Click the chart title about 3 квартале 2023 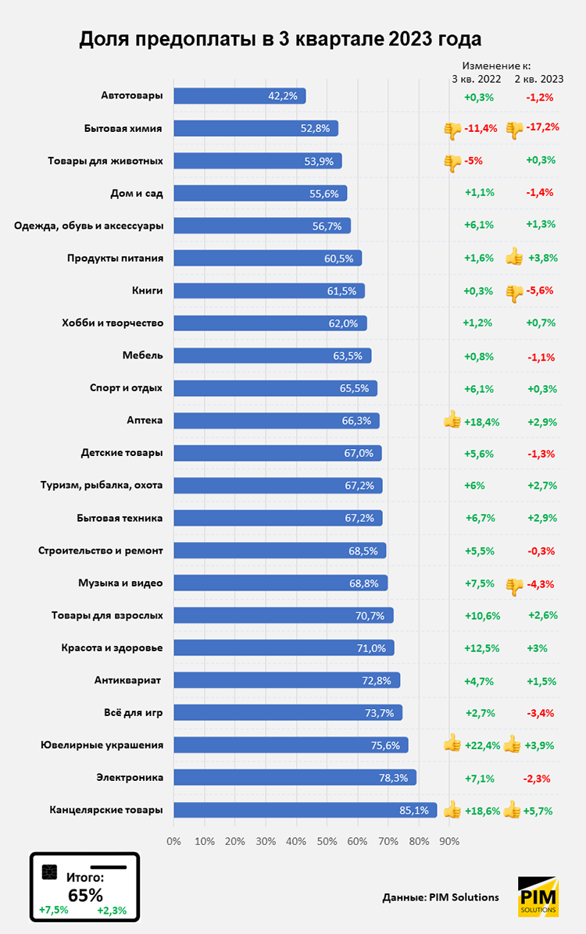(x=280, y=38)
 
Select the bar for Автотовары (x=239, y=96)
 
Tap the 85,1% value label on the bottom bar (x=413, y=811)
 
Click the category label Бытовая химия (x=123, y=128)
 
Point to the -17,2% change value (x=543, y=127)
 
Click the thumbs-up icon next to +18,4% (x=452, y=420)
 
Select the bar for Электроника (x=295, y=777)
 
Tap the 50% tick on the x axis (x=327, y=841)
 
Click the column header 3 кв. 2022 (x=477, y=79)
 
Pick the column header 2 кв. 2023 (x=539, y=79)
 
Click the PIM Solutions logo (x=538, y=896)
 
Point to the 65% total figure (x=85, y=894)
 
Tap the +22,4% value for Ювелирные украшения (x=482, y=745)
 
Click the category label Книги (x=148, y=291)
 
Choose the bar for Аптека (x=276, y=420)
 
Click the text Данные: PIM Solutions (x=441, y=897)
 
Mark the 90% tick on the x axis (x=449, y=841)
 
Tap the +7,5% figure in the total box (x=54, y=910)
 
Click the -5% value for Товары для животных (x=473, y=161)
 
